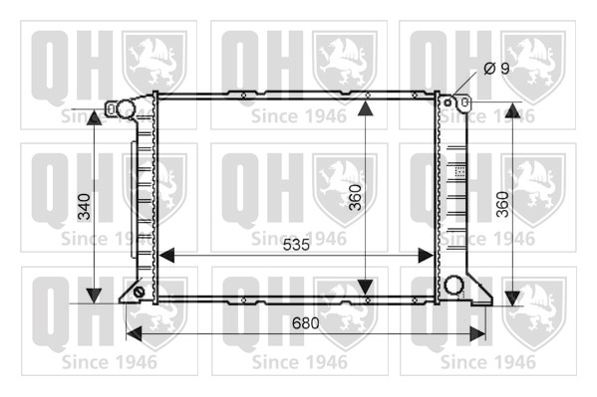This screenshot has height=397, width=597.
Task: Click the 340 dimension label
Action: (84, 207)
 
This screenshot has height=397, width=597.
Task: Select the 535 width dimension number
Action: (296, 246)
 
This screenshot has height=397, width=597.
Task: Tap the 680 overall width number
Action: (305, 323)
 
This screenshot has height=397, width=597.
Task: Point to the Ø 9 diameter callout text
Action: (496, 69)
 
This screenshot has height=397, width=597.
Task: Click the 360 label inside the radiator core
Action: (355, 197)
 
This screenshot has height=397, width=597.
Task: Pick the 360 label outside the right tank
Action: (502, 204)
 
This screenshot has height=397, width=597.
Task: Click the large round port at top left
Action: (126, 109)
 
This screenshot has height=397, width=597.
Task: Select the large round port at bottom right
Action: (453, 285)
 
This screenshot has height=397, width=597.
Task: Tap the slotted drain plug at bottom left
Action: (139, 293)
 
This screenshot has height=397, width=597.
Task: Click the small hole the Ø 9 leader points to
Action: (448, 102)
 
